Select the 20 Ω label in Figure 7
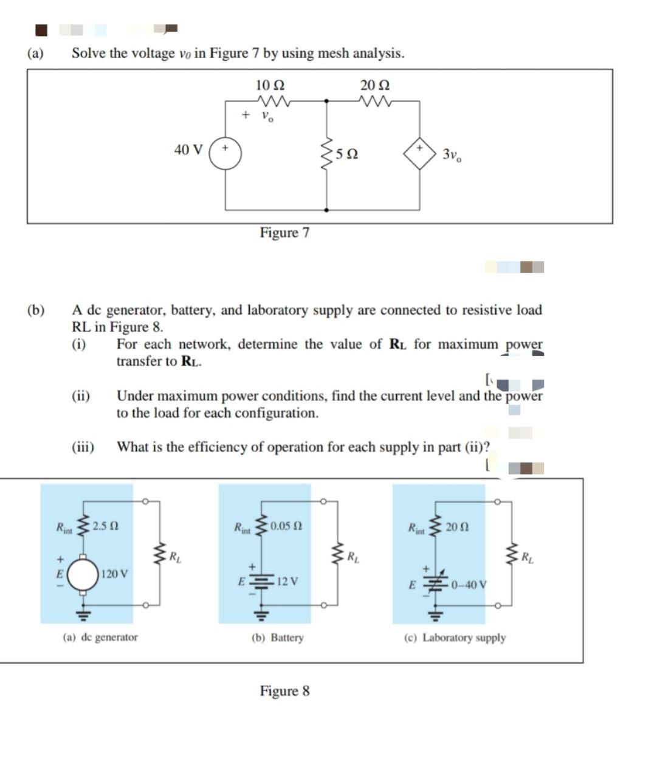click(x=374, y=85)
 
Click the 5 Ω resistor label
click(x=346, y=154)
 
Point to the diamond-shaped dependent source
click(x=420, y=154)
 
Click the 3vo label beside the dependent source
click(x=452, y=155)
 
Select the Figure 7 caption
click(x=284, y=232)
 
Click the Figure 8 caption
click(x=284, y=691)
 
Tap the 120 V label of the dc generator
click(x=114, y=574)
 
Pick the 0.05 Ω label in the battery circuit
click(x=286, y=525)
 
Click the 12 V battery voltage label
click(x=286, y=581)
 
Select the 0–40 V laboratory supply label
click(x=469, y=585)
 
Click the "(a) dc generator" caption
click(x=100, y=637)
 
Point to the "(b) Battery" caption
click(x=278, y=638)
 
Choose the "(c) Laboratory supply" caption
click(x=455, y=638)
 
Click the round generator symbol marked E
click(x=83, y=574)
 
